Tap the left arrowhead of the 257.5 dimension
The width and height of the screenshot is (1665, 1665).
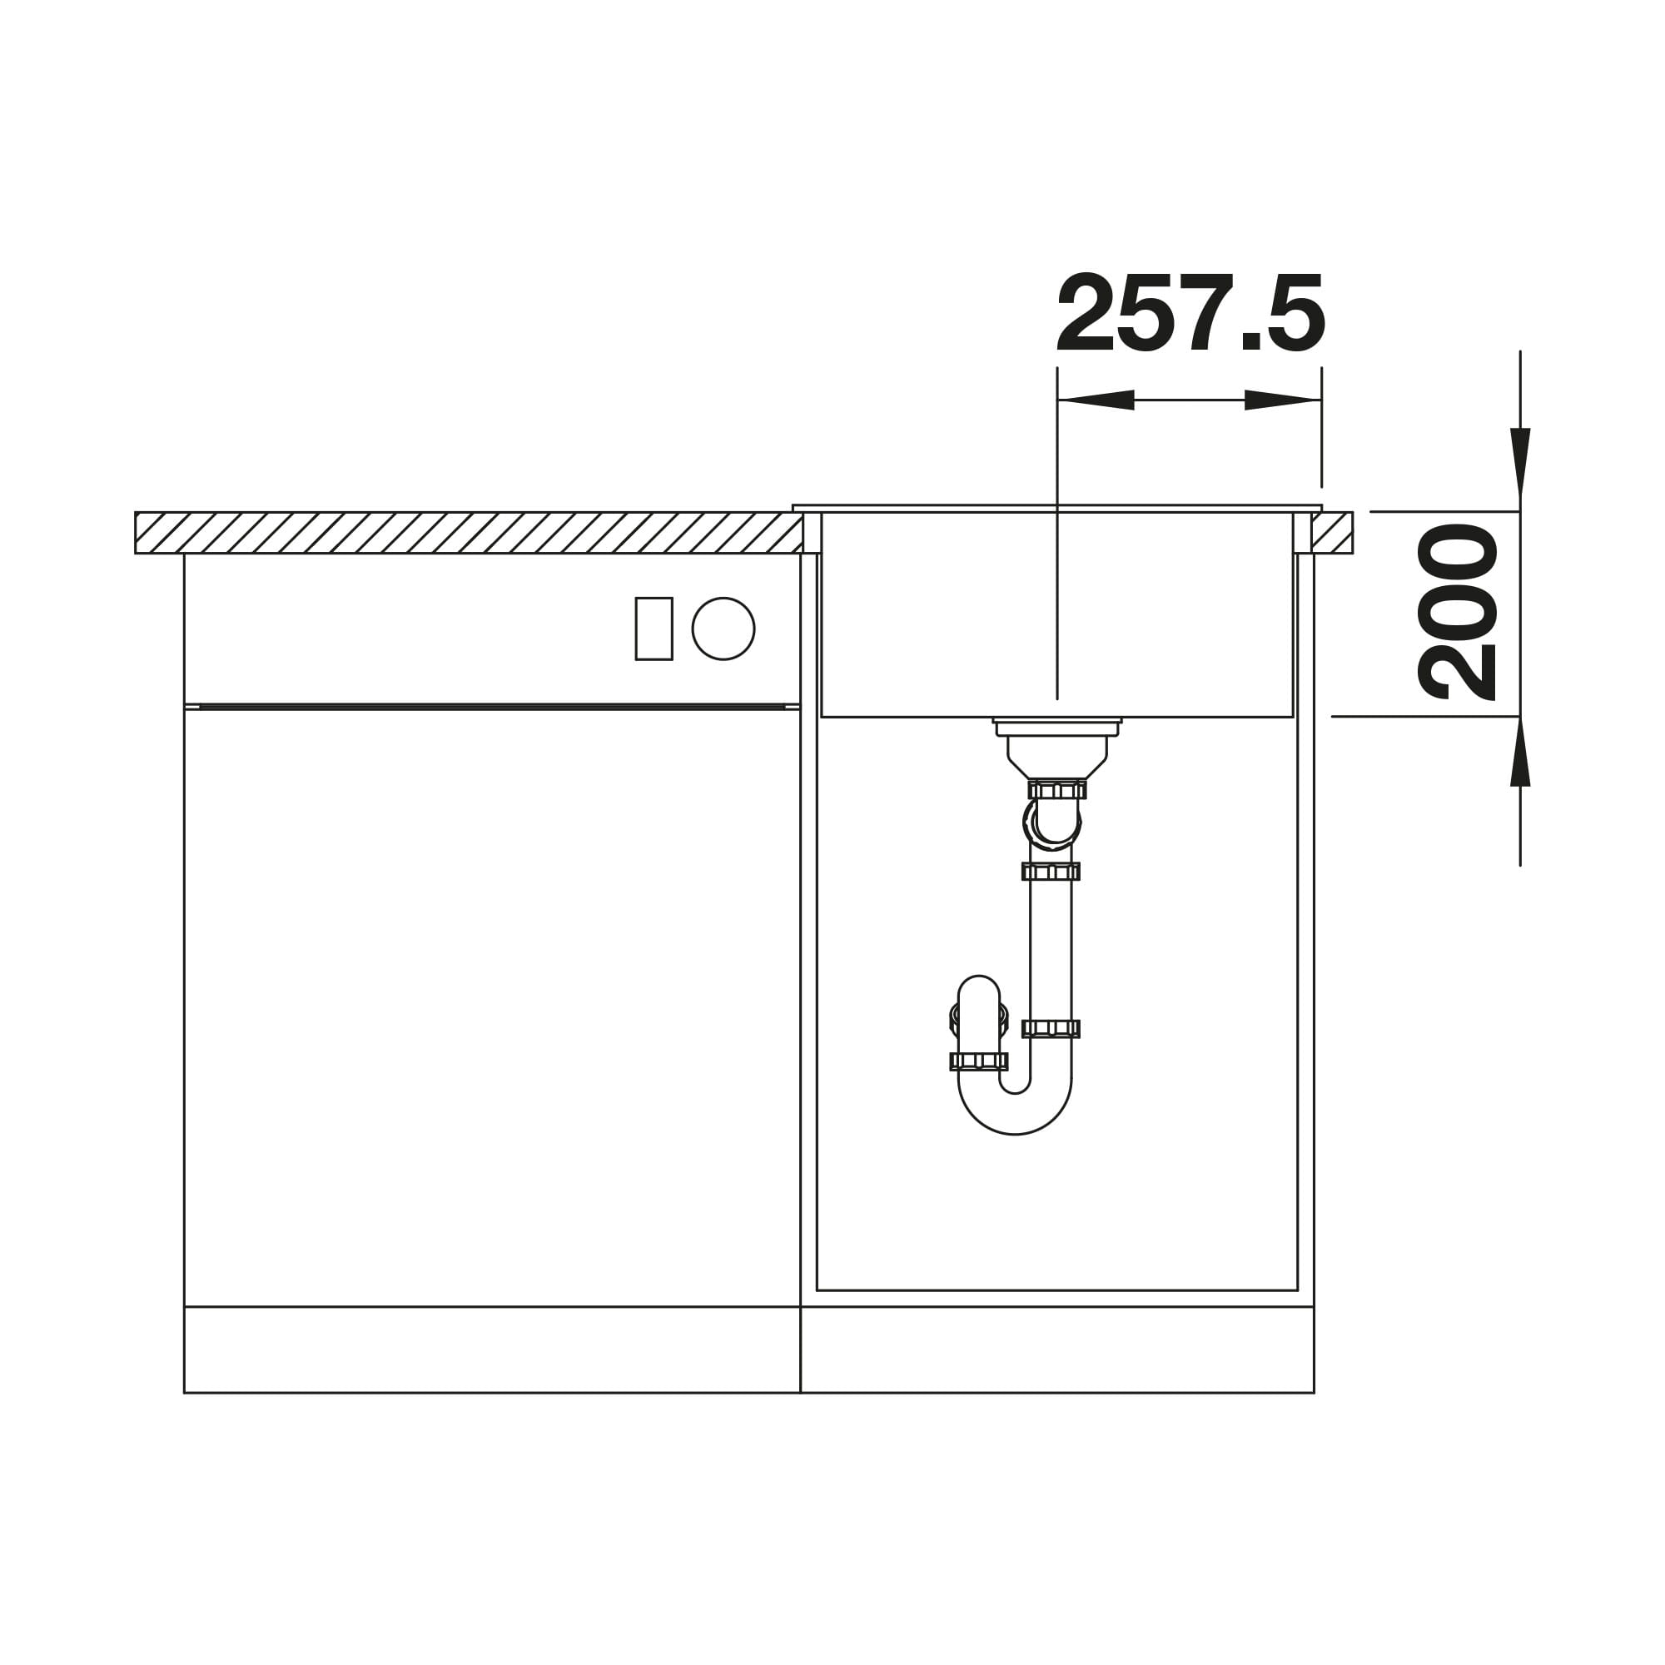1096,400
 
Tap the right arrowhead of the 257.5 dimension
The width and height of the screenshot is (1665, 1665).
1283,400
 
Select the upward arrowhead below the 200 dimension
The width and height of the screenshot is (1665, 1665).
1520,752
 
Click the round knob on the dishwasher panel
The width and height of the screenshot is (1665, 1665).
723,629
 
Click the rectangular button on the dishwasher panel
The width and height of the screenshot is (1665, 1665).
654,629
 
